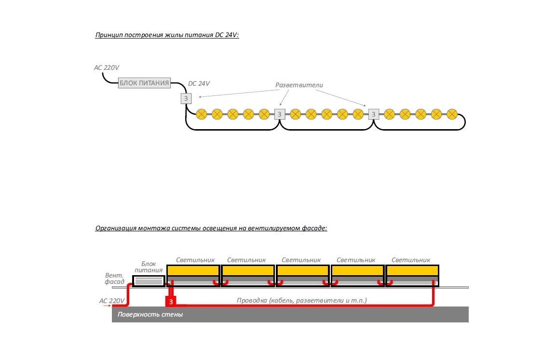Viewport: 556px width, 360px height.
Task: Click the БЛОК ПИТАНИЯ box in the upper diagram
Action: (145, 83)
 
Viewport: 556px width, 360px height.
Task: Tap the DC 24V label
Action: (199, 83)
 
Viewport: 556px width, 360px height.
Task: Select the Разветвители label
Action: (299, 85)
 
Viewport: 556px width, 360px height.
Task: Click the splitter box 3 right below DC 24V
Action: (186, 99)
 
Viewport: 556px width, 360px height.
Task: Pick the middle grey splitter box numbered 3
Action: (280, 114)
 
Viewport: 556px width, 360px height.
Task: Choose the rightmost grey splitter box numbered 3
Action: (374, 114)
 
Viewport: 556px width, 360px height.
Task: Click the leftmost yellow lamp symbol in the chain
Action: (202, 114)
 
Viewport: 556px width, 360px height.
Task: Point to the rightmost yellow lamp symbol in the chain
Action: (452, 114)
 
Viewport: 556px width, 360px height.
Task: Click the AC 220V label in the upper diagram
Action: (106, 68)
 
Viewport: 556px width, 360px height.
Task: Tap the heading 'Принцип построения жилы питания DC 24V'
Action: (167, 35)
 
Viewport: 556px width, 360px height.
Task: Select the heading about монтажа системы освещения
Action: (211, 228)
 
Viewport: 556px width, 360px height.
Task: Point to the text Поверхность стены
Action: (150, 315)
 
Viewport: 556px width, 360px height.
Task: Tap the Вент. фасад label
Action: (115, 279)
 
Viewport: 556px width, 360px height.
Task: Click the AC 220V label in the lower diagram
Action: (112, 301)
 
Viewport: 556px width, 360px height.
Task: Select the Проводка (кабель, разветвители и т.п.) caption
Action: (302, 300)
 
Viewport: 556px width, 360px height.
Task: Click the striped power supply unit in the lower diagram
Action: (149, 281)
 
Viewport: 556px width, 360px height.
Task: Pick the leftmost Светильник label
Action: (195, 260)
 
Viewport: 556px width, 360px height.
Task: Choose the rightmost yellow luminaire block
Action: (412, 270)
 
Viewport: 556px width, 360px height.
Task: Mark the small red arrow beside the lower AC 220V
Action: (107, 306)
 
